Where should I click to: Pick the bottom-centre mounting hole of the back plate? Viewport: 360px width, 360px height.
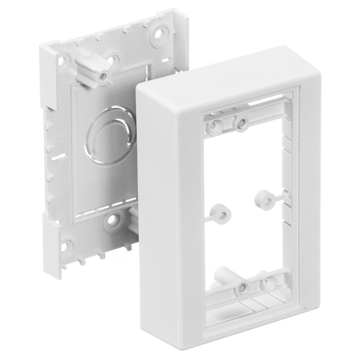[115, 220]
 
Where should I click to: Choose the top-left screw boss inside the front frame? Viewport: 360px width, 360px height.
[214, 124]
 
